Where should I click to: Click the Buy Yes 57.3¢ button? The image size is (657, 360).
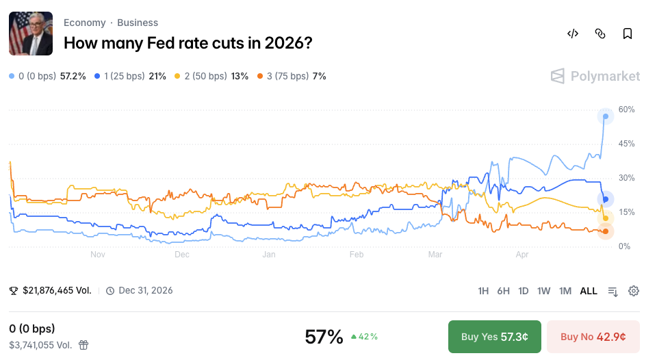(494, 337)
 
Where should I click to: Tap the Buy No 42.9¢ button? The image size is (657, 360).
(593, 337)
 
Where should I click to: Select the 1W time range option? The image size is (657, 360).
(544, 291)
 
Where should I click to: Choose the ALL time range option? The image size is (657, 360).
(589, 291)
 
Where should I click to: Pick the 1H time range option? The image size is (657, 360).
(483, 291)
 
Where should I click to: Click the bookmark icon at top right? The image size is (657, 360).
(627, 34)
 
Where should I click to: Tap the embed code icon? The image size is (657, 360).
(573, 34)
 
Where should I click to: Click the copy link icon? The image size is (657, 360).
(600, 34)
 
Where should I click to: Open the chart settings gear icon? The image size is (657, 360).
(634, 291)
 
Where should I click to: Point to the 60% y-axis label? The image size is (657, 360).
(627, 110)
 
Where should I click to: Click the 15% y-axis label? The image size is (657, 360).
(627, 212)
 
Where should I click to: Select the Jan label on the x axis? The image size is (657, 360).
(268, 255)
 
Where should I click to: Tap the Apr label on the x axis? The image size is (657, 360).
(522, 255)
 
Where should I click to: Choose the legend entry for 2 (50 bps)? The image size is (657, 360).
(211, 76)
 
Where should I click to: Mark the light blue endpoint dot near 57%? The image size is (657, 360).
(606, 116)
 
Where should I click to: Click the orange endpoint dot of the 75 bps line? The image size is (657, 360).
(606, 231)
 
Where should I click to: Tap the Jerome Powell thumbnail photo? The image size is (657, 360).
(31, 34)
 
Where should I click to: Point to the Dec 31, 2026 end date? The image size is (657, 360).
(146, 291)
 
